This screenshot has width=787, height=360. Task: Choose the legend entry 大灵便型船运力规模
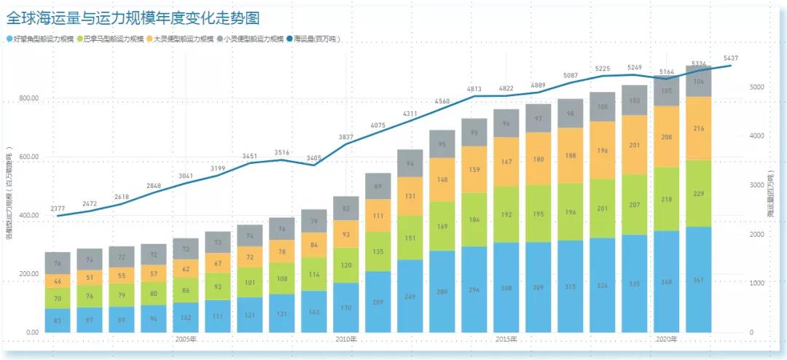[x=179, y=39]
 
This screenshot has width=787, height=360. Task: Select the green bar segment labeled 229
[x=698, y=193]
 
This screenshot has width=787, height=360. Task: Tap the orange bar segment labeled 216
[x=698, y=128]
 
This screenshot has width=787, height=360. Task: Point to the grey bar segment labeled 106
[x=698, y=82]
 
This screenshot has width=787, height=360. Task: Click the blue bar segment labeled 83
[x=58, y=321]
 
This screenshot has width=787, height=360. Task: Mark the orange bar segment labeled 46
[x=58, y=281]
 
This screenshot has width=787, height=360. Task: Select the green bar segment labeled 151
[x=410, y=237]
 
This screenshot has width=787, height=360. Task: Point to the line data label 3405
[x=314, y=157]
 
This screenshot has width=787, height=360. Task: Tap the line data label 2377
[x=58, y=208]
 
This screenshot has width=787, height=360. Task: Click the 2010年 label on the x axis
[x=346, y=339]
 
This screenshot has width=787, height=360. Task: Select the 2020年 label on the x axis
[x=666, y=339]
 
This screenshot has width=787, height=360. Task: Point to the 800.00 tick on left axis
[x=28, y=100]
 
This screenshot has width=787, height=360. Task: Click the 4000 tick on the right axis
[x=756, y=136]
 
